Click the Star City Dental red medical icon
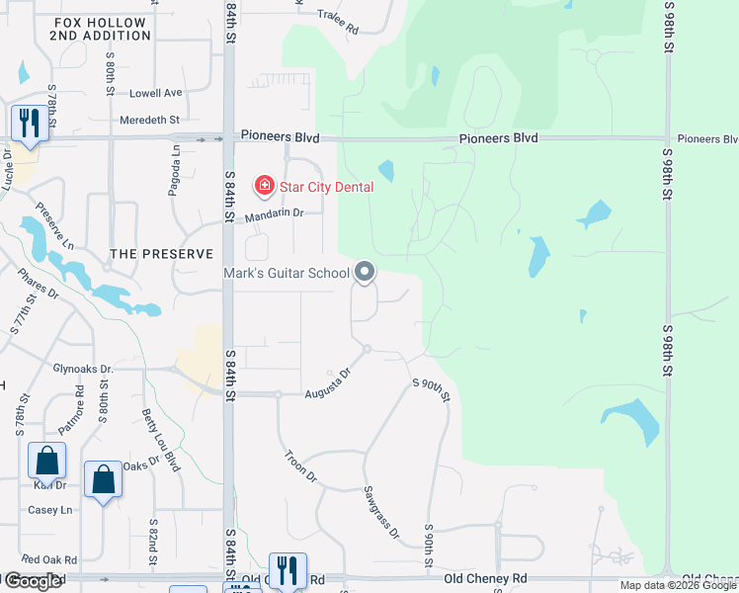pyautogui.click(x=264, y=185)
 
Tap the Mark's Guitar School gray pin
pyautogui.click(x=366, y=272)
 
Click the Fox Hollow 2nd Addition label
pyautogui.click(x=101, y=29)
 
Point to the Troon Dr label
pyautogui.click(x=300, y=466)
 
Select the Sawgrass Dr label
pyautogui.click(x=379, y=512)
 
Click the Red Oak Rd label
pyautogui.click(x=49, y=559)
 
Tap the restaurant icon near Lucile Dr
pyautogui.click(x=28, y=124)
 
